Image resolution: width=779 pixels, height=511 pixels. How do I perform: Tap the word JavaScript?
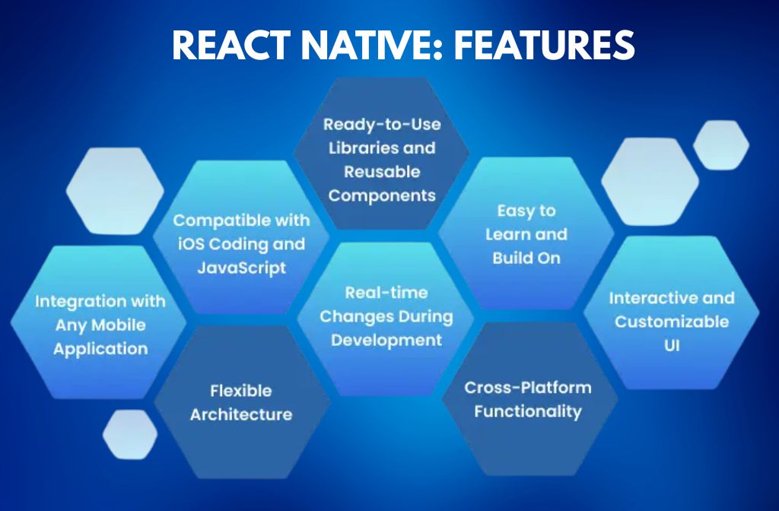pos(241,268)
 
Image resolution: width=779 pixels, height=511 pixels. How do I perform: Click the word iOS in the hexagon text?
pos(191,244)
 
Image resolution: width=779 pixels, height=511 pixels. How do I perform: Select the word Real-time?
pos(386,292)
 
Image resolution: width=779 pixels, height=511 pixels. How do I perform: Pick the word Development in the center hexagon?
pos(386,340)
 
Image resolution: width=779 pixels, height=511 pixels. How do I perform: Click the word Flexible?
pos(240,391)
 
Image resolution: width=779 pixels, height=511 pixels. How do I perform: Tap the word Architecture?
pos(240,414)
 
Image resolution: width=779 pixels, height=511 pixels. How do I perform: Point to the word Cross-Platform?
pos(527,387)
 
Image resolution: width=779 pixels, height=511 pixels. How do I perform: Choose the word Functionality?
pos(527,411)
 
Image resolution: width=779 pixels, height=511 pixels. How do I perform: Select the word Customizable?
pos(671,322)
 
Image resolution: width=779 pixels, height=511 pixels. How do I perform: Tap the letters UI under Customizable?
pos(670,345)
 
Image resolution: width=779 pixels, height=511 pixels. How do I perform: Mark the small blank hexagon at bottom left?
pos(130,435)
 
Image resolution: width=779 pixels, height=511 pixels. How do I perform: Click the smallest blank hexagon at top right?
pos(720,144)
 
